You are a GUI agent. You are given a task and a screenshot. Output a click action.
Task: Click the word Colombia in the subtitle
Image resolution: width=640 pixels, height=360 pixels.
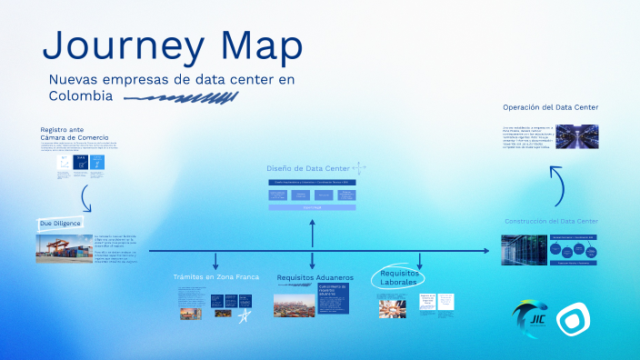tap(81, 95)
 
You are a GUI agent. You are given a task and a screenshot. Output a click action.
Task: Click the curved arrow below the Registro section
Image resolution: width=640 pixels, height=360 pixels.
tap(85, 197)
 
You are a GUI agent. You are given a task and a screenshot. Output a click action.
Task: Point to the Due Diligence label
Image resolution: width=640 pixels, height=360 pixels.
tap(60, 223)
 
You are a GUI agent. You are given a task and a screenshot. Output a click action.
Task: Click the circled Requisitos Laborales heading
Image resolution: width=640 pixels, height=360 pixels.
tap(400, 276)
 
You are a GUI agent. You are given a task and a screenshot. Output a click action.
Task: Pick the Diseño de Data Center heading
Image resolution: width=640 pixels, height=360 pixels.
tap(307, 168)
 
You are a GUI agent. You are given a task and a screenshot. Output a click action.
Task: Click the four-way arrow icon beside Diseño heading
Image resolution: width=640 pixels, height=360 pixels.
tap(359, 168)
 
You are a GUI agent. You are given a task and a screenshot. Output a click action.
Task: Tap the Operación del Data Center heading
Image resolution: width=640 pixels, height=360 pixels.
tap(550, 107)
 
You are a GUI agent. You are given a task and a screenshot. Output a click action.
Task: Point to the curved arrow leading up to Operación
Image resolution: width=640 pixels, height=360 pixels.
tap(559, 185)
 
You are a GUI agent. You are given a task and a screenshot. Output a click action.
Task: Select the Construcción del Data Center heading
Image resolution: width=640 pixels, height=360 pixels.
tap(551, 221)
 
